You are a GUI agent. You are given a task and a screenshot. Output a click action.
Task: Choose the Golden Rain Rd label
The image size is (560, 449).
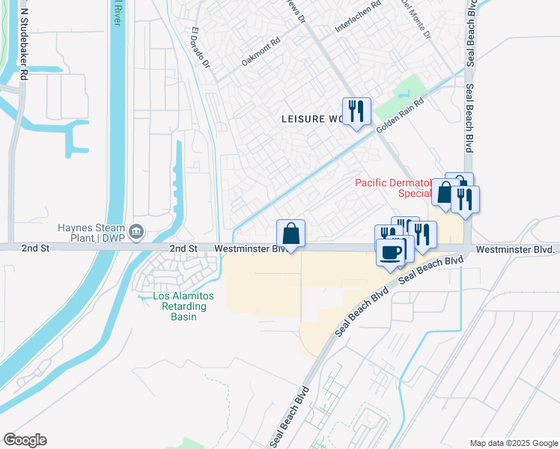point(400,117)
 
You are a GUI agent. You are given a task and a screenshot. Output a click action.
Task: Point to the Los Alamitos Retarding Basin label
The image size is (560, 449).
point(183,306)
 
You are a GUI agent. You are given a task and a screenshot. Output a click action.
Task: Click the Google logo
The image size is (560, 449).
point(25,439)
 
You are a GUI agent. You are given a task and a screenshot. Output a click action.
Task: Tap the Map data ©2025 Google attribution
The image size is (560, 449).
point(514,443)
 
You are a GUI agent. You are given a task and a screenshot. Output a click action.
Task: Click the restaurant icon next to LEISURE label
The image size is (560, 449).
point(357,112)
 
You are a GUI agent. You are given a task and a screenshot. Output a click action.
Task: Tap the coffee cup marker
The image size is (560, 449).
point(392,251)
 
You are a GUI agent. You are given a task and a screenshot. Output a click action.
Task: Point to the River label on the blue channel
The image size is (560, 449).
point(117,13)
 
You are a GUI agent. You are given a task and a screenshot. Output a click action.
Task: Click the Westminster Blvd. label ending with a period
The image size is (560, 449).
point(517,248)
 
